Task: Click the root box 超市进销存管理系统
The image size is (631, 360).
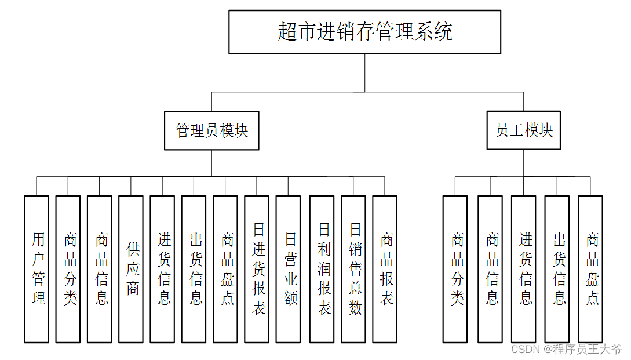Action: pyautogui.click(x=364, y=32)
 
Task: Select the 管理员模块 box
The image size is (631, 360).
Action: pyautogui.click(x=211, y=130)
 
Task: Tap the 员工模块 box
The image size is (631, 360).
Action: pyautogui.click(x=523, y=130)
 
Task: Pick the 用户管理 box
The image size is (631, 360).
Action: pyautogui.click(x=37, y=268)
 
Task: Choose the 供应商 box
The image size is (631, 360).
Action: pyautogui.click(x=131, y=268)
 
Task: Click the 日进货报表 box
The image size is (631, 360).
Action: pyautogui.click(x=257, y=268)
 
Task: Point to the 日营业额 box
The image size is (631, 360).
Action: pyautogui.click(x=288, y=268)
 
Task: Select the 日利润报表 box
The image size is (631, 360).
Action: pyautogui.click(x=322, y=268)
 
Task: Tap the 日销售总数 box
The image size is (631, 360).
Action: pyautogui.click(x=353, y=268)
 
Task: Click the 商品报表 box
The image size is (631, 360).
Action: pyautogui.click(x=385, y=268)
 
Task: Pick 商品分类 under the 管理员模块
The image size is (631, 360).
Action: pyautogui.click(x=68, y=268)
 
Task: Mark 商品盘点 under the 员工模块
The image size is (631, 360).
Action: pyautogui.click(x=590, y=268)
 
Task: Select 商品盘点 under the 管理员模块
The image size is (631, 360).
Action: pyautogui.click(x=225, y=268)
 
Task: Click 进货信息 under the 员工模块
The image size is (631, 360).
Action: pyautogui.click(x=524, y=268)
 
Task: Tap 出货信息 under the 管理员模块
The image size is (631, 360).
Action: pyautogui.click(x=194, y=268)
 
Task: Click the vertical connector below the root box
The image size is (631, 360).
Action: pyautogui.click(x=364, y=72)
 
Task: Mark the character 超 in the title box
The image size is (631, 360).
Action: pyautogui.click(x=287, y=32)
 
